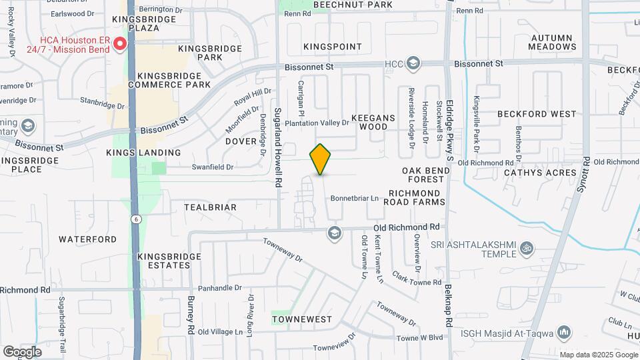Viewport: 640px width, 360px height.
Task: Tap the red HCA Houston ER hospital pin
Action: [x=120, y=45]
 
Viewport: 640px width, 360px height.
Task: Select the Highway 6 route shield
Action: [x=135, y=219]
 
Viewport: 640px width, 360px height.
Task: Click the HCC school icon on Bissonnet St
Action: [x=413, y=63]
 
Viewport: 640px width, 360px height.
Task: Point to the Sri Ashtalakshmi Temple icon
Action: [x=527, y=249]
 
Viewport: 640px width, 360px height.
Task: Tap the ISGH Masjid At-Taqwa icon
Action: [x=564, y=332]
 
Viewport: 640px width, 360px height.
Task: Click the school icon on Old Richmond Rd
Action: [x=333, y=233]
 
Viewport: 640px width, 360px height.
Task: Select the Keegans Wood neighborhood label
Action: [x=373, y=122]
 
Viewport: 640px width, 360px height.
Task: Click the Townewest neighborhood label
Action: [x=302, y=319]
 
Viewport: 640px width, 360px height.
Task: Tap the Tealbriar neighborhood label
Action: [x=210, y=207]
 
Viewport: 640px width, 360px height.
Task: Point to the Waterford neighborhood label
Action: [x=87, y=239]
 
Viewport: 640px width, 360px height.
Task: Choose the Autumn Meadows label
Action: [x=552, y=42]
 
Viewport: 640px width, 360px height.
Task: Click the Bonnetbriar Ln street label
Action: [x=355, y=198]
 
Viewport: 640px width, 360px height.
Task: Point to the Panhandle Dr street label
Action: [x=219, y=287]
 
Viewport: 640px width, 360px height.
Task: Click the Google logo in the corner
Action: [x=22, y=351]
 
